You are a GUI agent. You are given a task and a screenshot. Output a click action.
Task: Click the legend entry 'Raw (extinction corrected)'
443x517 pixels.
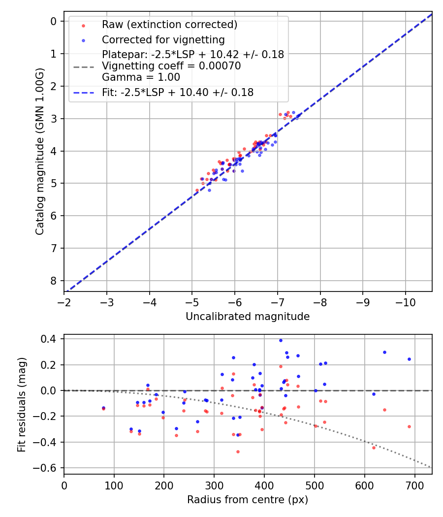coord(169,25)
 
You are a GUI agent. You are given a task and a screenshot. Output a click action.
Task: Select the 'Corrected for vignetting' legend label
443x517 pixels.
coord(163,39)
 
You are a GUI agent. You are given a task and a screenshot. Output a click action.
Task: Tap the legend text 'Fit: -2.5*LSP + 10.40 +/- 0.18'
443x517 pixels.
coord(178,92)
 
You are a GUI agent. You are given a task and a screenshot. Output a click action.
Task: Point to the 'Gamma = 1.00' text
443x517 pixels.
coord(141,77)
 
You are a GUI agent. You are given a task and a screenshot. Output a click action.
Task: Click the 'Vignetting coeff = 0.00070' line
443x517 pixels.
coord(171,66)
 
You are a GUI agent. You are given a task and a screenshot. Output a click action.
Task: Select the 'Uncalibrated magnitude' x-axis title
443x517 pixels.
coord(248,317)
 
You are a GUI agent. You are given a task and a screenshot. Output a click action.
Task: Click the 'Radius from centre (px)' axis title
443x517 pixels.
coord(248,500)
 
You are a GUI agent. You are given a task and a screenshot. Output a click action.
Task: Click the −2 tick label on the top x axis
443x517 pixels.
coord(64,301)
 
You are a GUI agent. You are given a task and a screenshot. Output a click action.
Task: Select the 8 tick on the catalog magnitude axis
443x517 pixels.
coord(53,281)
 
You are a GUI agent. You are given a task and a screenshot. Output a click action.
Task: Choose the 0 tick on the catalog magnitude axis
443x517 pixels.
coord(53,21)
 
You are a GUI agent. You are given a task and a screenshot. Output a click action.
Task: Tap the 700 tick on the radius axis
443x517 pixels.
coord(414,485)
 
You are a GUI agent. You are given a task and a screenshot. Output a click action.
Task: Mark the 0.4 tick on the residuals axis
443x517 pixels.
coord(50,339)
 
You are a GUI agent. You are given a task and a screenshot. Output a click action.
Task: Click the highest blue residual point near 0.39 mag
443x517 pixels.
coord(281,340)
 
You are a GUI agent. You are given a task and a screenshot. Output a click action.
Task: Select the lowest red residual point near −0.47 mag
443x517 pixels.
coord(238,452)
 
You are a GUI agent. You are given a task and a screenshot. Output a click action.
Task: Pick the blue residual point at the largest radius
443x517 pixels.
coord(409,359)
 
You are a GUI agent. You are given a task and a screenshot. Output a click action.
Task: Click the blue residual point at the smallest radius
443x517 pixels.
coord(103,408)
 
